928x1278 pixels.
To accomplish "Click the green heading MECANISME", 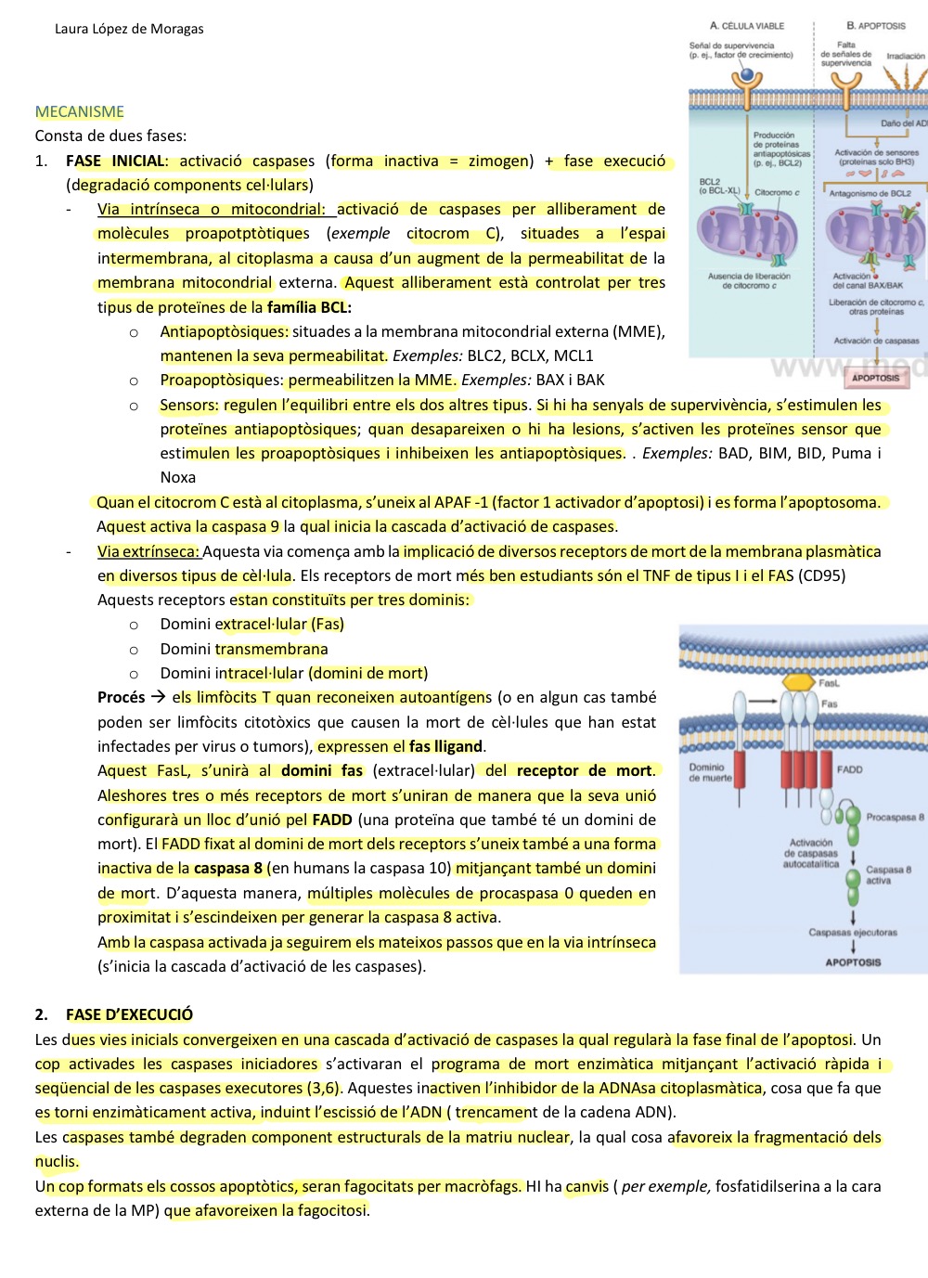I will pyautogui.click(x=80, y=112).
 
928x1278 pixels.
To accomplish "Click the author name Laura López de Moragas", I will pyautogui.click(x=129, y=29).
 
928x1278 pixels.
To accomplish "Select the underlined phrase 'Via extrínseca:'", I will pyautogui.click(x=148, y=551).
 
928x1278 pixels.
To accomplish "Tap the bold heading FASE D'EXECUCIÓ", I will pyautogui.click(x=129, y=1014).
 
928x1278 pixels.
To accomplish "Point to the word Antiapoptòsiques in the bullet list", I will pyautogui.click(x=224, y=331).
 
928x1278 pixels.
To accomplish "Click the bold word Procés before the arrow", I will pyautogui.click(x=122, y=697).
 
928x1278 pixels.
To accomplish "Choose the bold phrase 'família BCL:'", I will pyautogui.click(x=309, y=307).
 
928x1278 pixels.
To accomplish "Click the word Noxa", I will pyautogui.click(x=177, y=477).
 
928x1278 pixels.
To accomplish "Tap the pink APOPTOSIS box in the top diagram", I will pyautogui.click(x=875, y=378).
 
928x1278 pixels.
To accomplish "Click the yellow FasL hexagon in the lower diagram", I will pyautogui.click(x=799, y=682).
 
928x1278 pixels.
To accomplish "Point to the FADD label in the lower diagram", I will pyautogui.click(x=849, y=769).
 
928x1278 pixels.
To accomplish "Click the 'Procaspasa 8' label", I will pyautogui.click(x=895, y=818).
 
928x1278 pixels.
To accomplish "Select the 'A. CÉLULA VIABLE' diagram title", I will pyautogui.click(x=747, y=26).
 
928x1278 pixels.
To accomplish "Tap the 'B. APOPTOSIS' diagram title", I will pyautogui.click(x=875, y=26).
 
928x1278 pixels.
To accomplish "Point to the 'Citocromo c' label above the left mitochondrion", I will pyautogui.click(x=777, y=193).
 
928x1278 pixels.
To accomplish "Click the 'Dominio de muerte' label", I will pyautogui.click(x=710, y=772).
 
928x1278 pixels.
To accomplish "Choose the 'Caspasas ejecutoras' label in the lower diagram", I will pyautogui.click(x=853, y=933).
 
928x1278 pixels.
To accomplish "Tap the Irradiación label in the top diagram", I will pyautogui.click(x=905, y=57).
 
